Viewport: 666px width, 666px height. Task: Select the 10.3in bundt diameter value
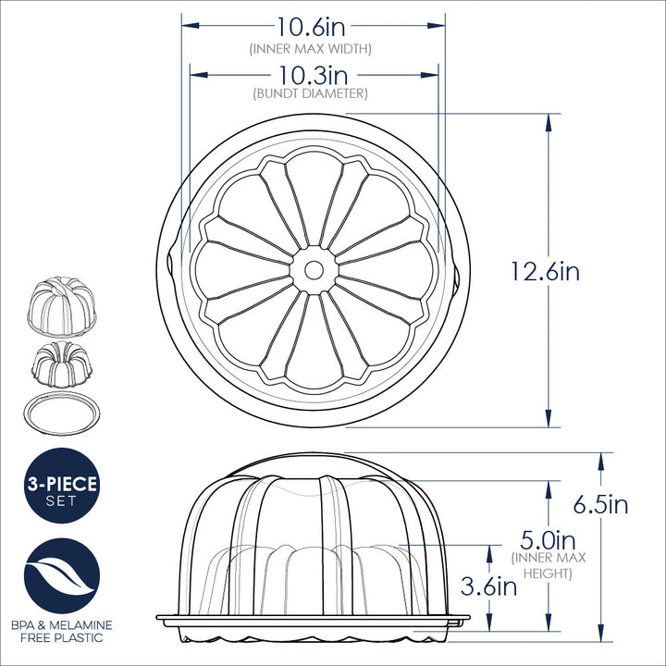pos(312,74)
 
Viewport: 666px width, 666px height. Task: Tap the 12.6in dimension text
pos(545,271)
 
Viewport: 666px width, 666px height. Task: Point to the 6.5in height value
pos(600,505)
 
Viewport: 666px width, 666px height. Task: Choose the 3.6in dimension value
pos(488,586)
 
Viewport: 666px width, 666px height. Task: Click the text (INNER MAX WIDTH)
pos(311,48)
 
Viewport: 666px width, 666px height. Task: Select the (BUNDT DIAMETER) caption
pos(311,93)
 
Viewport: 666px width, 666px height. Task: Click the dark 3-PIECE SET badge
pos(62,486)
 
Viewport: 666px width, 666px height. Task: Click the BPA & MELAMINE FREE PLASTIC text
pos(62,632)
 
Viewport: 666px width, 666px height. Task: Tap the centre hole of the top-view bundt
pos(314,269)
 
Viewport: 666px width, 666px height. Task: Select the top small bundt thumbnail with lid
pos(62,303)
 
